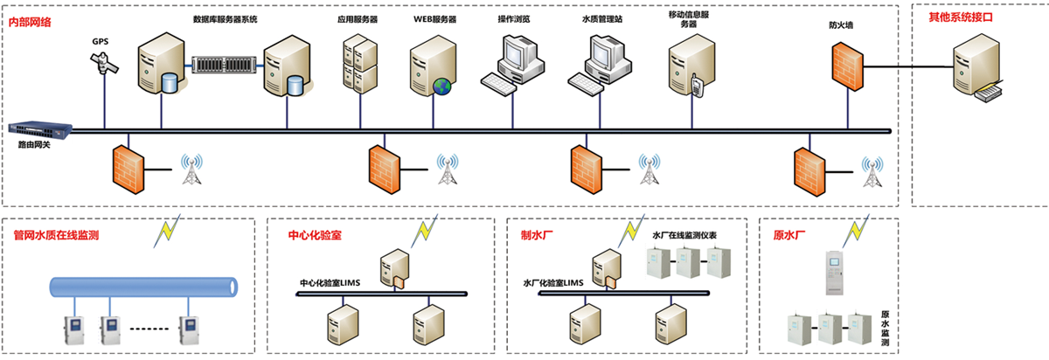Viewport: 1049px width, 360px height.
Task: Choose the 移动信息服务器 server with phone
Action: click(688, 66)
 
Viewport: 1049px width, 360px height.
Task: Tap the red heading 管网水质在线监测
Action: click(55, 235)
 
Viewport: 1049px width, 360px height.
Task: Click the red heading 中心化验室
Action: click(315, 235)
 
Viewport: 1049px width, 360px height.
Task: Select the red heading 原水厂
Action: click(789, 235)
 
